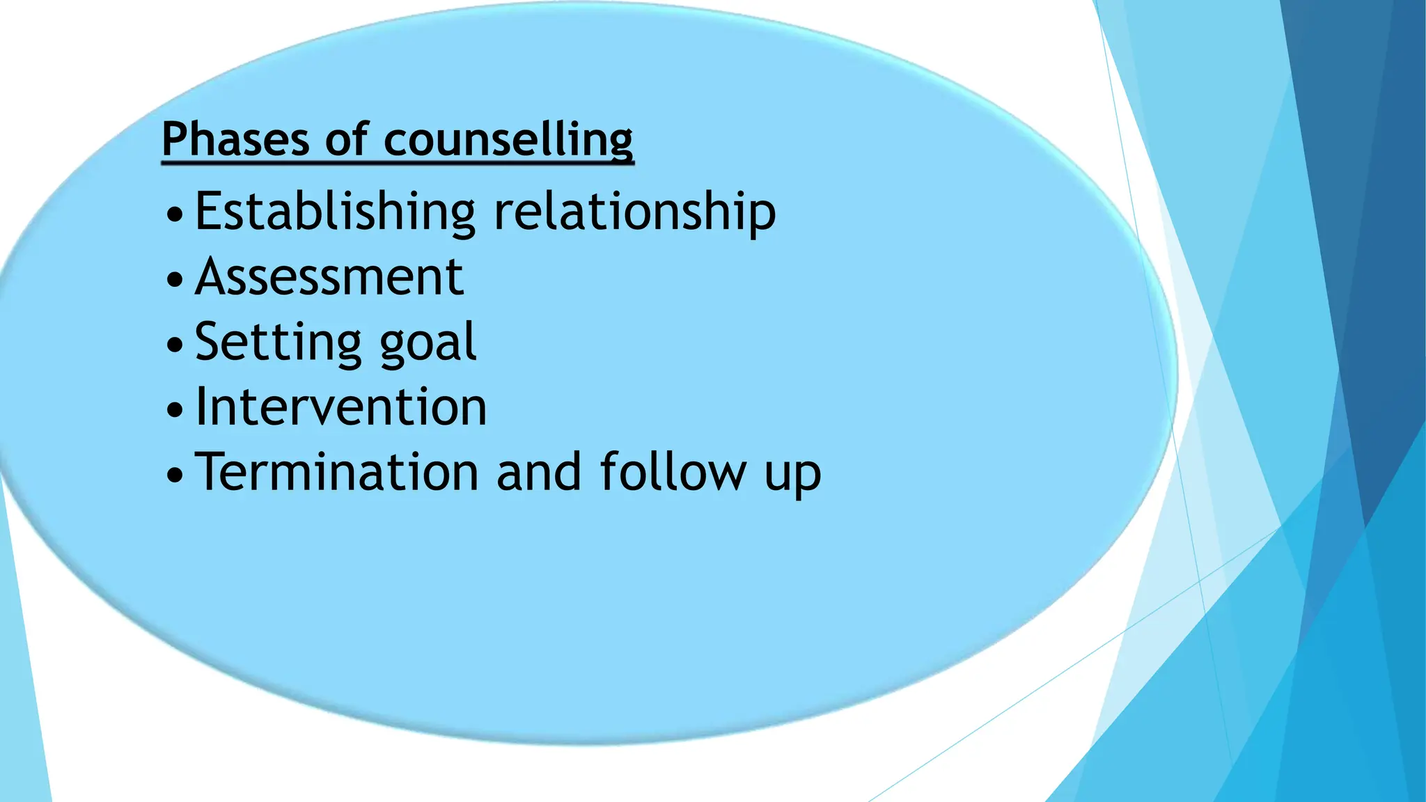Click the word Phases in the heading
point(235,139)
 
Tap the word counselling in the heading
point(508,140)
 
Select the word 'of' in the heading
point(346,139)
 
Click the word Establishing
point(335,212)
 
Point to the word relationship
point(634,212)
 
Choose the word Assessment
point(329,277)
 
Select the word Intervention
point(341,407)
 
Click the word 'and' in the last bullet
point(539,473)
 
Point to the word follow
point(673,473)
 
